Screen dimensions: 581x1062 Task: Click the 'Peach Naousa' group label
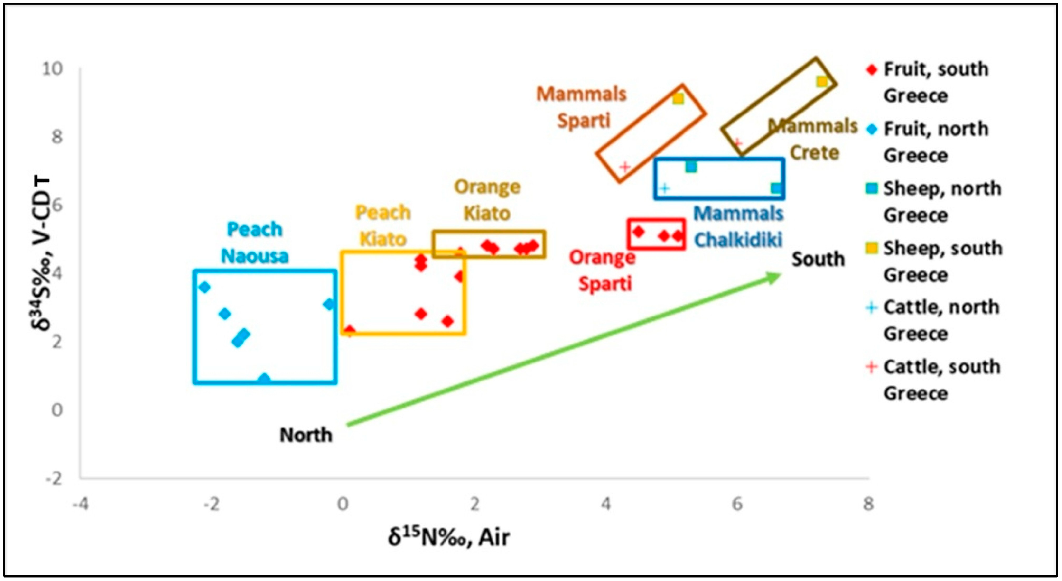click(254, 242)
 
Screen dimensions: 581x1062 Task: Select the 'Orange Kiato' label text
click(487, 200)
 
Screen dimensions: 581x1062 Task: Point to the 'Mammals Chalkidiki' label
click(738, 227)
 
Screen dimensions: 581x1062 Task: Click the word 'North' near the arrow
click(306, 435)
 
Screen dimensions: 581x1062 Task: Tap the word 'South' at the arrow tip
click(818, 259)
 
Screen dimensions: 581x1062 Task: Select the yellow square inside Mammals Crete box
click(822, 82)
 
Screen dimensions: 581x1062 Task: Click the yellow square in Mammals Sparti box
click(678, 99)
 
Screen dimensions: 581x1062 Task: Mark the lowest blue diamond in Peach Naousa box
click(264, 379)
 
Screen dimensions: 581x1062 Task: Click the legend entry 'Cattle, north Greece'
click(936, 320)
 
